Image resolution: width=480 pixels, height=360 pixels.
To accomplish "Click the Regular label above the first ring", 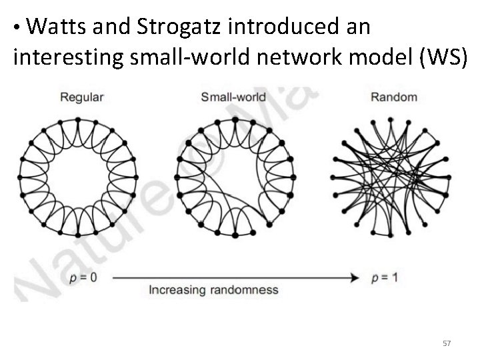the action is click(82, 97).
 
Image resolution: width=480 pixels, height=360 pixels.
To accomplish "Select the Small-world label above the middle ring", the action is click(233, 97).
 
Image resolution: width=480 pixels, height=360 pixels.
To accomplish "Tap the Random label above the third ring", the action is click(393, 97).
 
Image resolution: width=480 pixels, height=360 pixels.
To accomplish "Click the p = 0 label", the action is click(83, 277).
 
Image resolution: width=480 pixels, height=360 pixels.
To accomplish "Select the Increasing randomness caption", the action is click(213, 290).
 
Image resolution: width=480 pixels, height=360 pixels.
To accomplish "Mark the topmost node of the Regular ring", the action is click(77, 119).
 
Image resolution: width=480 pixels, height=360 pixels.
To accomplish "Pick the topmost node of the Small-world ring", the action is click(234, 119).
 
